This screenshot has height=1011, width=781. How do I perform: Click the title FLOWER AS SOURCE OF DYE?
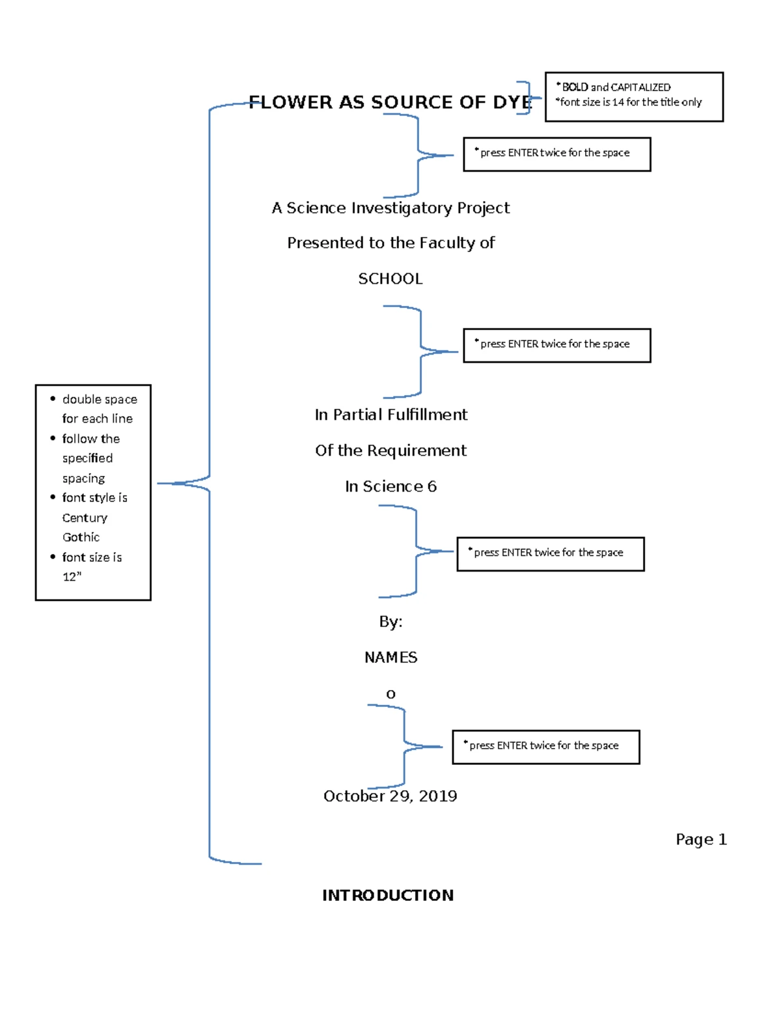(390, 102)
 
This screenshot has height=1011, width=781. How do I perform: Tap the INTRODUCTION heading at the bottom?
(388, 895)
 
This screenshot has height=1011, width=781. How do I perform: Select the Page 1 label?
(700, 839)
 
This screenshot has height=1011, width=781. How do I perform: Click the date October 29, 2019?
(390, 796)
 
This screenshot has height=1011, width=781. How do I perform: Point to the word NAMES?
(390, 658)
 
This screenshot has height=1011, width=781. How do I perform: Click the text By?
(390, 622)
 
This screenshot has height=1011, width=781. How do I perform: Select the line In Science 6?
(390, 486)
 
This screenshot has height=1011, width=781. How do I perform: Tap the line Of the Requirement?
(390, 450)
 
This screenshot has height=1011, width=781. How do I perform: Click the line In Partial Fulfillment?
(390, 415)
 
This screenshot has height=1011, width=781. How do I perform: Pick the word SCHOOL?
(390, 279)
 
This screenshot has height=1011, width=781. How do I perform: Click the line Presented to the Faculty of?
(390, 243)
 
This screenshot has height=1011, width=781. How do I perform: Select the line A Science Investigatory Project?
(390, 208)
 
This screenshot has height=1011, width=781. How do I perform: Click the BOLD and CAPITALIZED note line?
(615, 87)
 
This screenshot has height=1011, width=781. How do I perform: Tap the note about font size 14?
(630, 102)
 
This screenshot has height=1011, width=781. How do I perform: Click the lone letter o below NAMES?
(390, 694)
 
